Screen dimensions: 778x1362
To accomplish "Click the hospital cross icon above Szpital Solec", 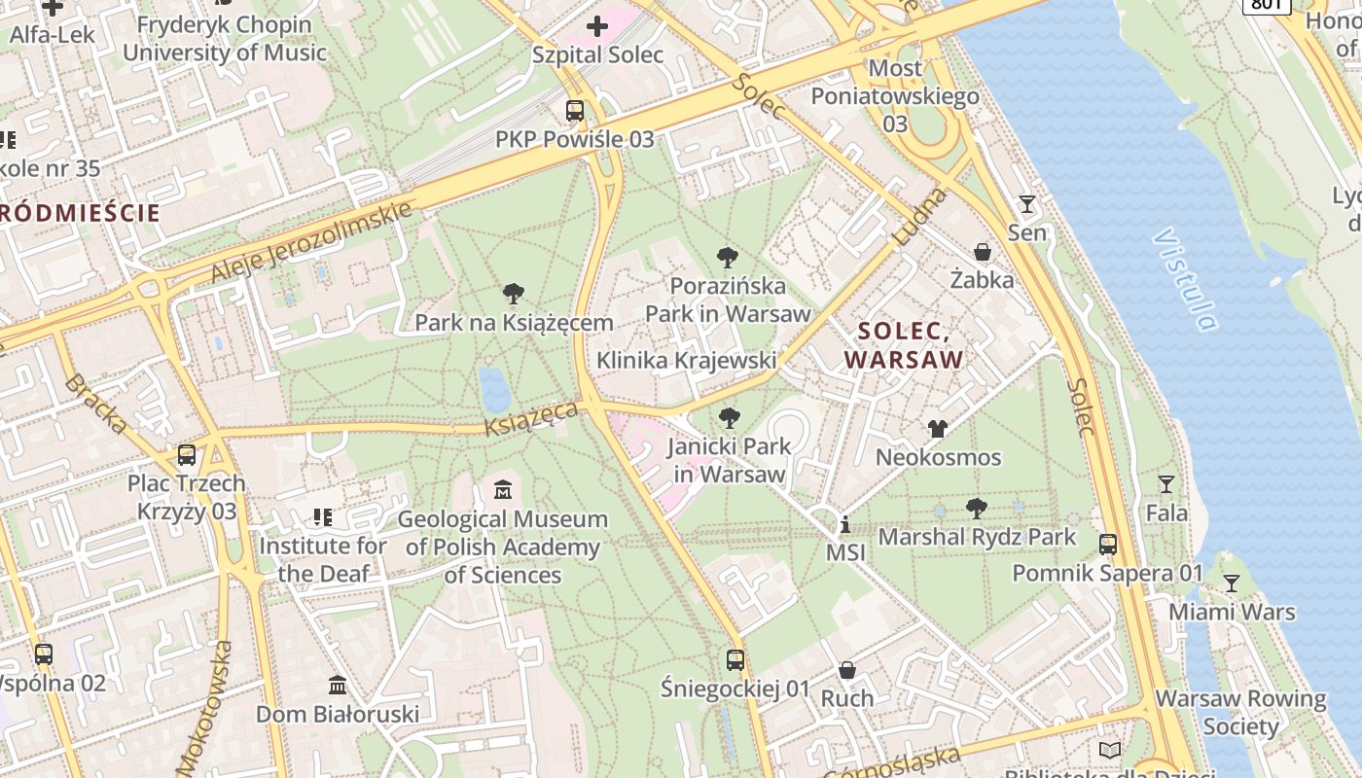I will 597,25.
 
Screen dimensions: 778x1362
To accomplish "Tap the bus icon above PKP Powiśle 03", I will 575,111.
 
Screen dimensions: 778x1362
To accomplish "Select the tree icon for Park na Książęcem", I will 514,294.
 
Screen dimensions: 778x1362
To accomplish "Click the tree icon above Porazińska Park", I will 727,258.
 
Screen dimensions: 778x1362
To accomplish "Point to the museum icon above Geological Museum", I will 503,489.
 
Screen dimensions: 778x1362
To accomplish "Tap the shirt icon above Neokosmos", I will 937,428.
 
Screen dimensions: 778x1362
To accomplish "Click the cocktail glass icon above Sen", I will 1026,204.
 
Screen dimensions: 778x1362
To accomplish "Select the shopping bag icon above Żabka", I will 983,252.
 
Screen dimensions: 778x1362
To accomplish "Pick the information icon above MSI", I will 844,525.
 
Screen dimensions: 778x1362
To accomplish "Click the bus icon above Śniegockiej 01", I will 735,660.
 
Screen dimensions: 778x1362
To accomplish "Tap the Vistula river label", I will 1185,280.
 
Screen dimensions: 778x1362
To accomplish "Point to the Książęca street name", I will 532,417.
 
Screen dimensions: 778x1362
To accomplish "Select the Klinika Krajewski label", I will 686,361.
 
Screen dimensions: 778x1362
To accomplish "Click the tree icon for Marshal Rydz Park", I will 977,509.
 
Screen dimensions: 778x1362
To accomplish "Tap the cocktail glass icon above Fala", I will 1165,484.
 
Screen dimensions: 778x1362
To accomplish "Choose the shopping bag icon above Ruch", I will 847,670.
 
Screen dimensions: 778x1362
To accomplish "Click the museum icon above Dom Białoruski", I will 338,686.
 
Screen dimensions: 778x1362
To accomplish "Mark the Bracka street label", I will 94,403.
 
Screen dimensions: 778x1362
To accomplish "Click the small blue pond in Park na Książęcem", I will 494,390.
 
